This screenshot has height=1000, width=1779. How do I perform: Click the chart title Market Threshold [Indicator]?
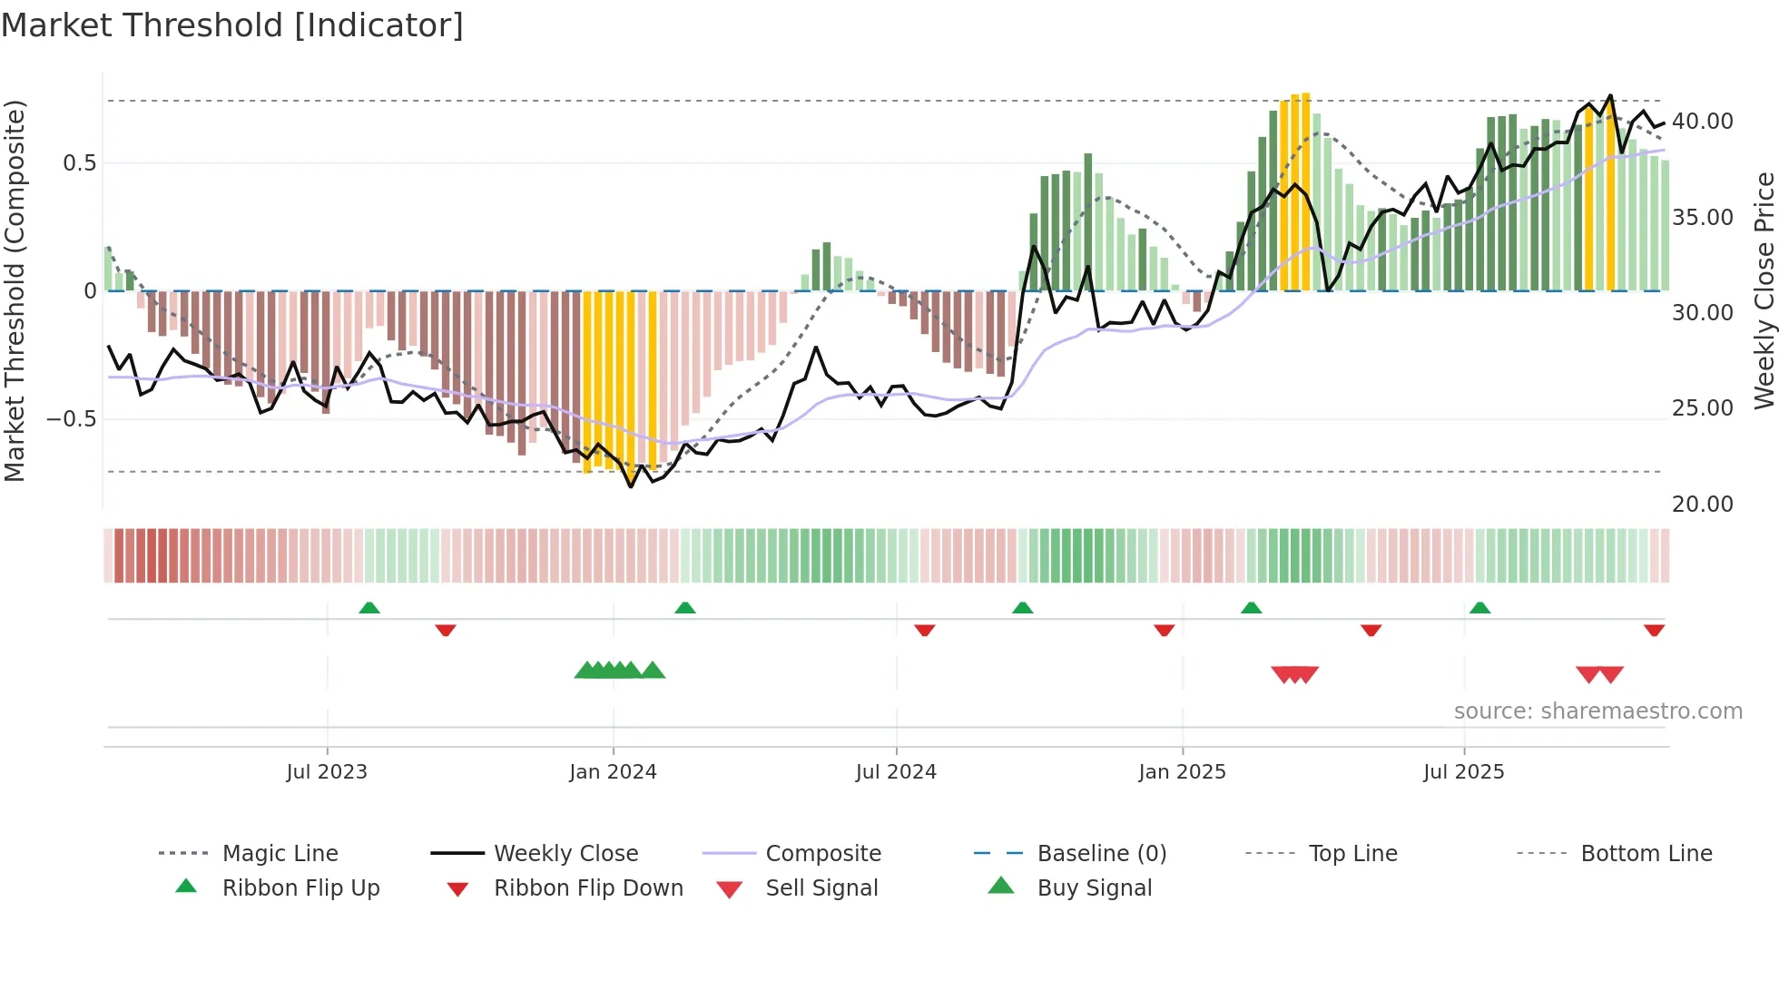[x=232, y=25]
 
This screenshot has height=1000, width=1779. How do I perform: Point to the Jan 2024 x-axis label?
[x=613, y=772]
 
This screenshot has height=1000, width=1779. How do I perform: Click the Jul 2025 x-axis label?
[x=1463, y=772]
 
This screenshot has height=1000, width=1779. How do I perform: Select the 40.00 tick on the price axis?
[x=1702, y=122]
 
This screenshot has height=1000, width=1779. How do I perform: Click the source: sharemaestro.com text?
[x=1597, y=711]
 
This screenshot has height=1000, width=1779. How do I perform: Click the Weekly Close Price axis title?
[x=1764, y=290]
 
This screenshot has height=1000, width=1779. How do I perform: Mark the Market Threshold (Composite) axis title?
[x=15, y=290]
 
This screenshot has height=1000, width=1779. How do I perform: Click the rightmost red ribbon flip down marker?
[x=1654, y=630]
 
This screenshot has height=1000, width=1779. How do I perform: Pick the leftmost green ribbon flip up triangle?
[x=369, y=608]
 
